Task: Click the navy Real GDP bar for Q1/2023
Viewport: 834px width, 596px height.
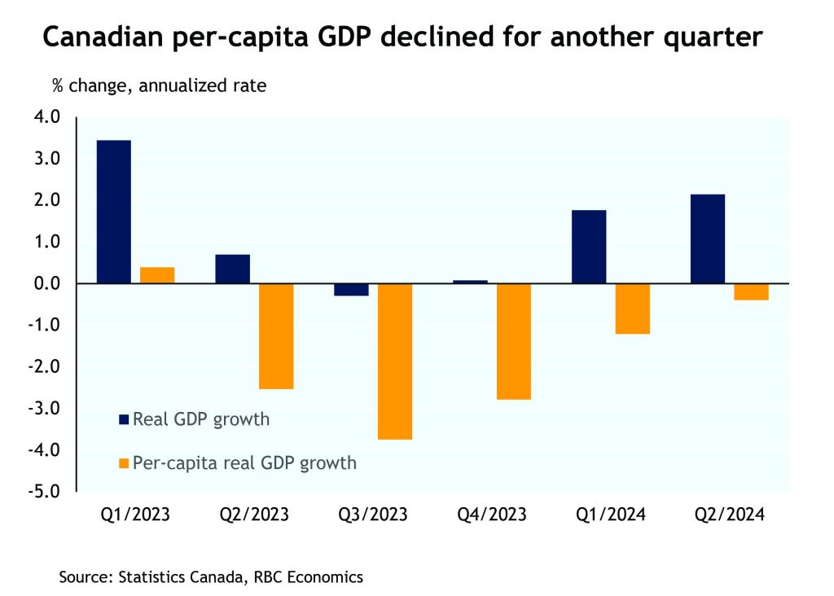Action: tap(113, 212)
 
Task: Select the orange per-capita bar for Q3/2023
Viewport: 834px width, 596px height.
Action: tap(395, 361)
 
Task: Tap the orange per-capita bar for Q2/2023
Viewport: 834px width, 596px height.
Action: tap(276, 335)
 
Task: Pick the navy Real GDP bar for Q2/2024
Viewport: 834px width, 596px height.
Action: tap(707, 239)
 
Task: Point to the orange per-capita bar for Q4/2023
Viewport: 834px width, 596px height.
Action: tap(513, 341)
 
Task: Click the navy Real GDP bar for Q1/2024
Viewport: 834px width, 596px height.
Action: tap(588, 247)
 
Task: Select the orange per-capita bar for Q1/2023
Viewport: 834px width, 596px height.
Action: tap(157, 275)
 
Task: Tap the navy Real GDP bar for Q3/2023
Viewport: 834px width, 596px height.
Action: tap(351, 289)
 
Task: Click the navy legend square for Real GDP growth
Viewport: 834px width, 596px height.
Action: tap(124, 420)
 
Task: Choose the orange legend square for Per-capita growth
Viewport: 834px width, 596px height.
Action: tap(124, 463)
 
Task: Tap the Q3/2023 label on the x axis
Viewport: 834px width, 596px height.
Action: tap(374, 516)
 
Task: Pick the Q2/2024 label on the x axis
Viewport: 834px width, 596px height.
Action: tap(730, 516)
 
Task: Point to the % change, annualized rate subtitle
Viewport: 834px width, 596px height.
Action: tap(160, 85)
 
